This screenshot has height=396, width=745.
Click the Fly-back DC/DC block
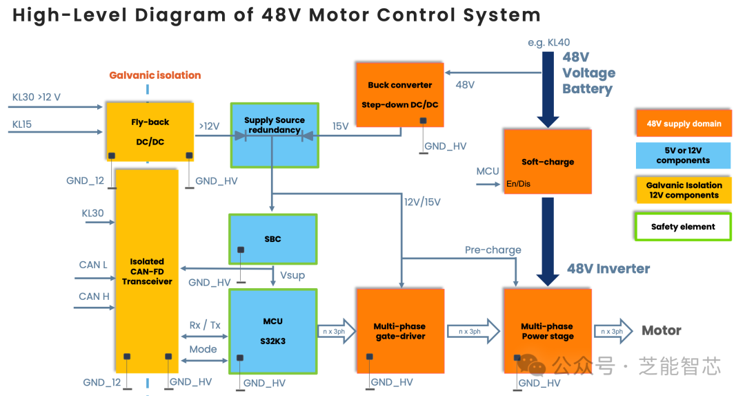pyautogui.click(x=150, y=132)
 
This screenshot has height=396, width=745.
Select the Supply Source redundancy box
pyautogui.click(x=275, y=135)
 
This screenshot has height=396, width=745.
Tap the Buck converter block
pyautogui.click(x=400, y=95)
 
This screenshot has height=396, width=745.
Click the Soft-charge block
pyautogui.click(x=548, y=162)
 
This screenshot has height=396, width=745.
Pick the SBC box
pyautogui.click(x=272, y=239)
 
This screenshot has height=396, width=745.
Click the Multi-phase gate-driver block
pyautogui.click(x=400, y=331)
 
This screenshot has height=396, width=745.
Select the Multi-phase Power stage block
pyautogui.click(x=548, y=331)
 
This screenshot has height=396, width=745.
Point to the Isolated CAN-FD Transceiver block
pyautogui.click(x=147, y=271)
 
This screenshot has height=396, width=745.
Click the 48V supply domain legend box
pyautogui.click(x=684, y=124)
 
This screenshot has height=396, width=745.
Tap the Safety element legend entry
pyautogui.click(x=683, y=227)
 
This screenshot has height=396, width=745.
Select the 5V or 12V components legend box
pyautogui.click(x=683, y=155)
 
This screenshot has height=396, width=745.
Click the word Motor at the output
pyautogui.click(x=662, y=331)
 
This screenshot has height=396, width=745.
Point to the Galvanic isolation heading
pyautogui.click(x=155, y=75)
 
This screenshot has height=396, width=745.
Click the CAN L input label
pyautogui.click(x=93, y=265)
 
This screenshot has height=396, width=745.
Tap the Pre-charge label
pyautogui.click(x=493, y=250)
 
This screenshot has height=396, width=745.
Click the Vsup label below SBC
pyautogui.click(x=292, y=275)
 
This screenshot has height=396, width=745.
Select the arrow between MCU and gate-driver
pyautogui.click(x=336, y=331)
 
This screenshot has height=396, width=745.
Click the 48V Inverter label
pyautogui.click(x=608, y=269)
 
